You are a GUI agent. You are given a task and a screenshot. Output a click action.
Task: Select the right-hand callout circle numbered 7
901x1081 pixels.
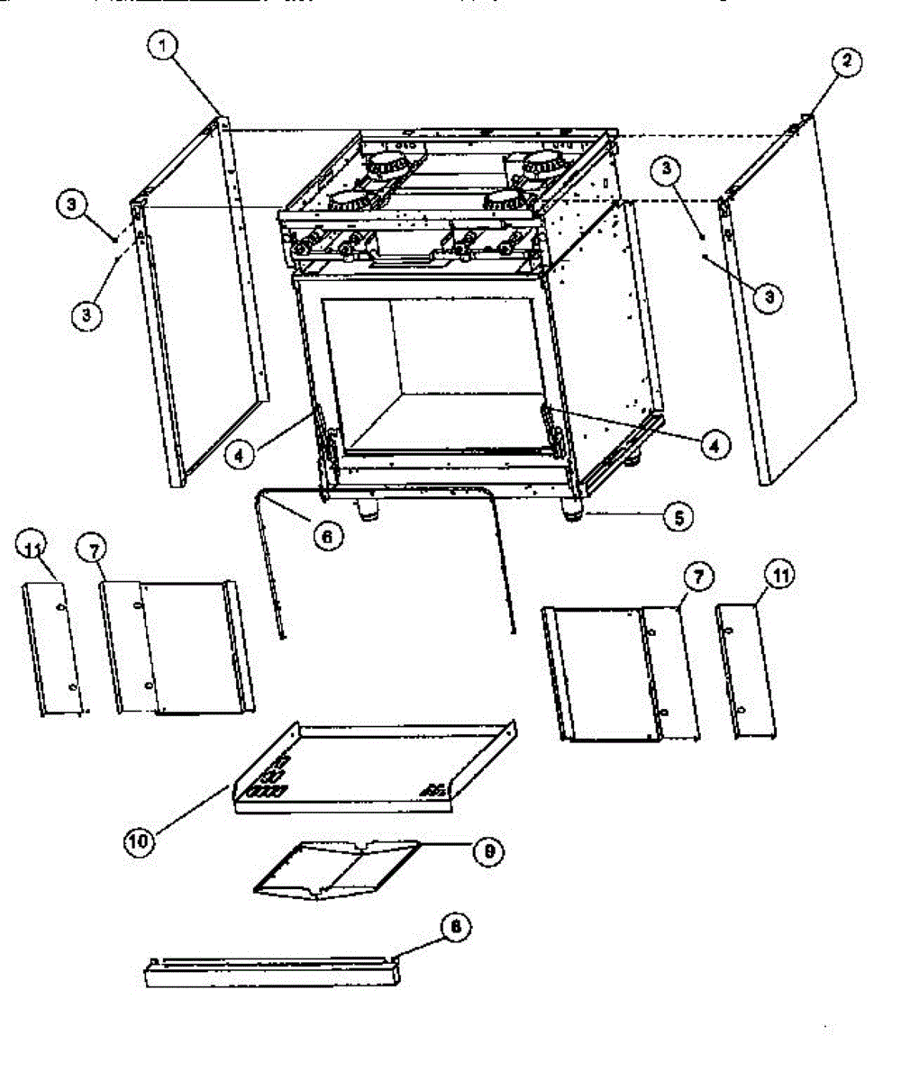pos(699,576)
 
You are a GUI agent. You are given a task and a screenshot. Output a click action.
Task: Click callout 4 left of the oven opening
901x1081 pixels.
pos(239,456)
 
